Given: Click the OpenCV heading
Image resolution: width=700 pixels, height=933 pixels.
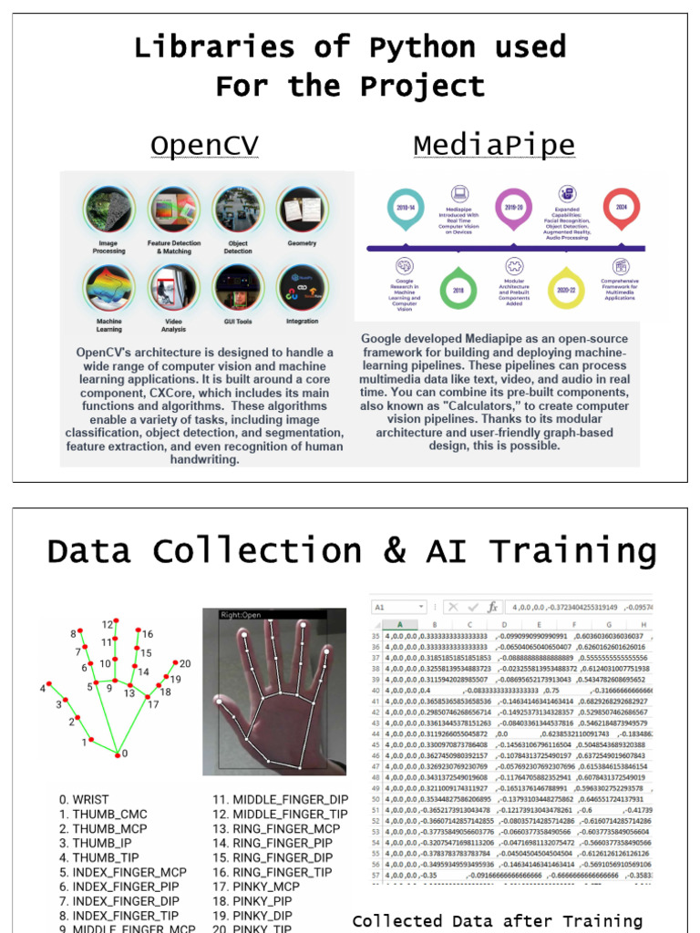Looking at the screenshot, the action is coord(203,146).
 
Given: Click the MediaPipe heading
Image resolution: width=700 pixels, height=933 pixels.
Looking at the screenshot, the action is coord(493,146).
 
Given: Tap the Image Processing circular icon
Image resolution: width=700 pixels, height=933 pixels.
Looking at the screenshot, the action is coord(110,210).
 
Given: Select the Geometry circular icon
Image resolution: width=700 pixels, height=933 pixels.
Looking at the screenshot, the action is coord(302,210).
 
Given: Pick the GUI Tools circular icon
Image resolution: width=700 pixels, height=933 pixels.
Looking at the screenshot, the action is coord(239,288).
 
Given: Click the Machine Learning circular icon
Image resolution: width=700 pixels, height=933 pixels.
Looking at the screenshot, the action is coord(110,288).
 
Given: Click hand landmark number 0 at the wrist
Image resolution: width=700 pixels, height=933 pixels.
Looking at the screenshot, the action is coord(118,754).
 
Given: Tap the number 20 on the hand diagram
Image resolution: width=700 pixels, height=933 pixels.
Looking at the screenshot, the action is coord(185,663).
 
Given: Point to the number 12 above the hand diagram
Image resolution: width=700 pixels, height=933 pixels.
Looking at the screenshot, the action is coord(108,624).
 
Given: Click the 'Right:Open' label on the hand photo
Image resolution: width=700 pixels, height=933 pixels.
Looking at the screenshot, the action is coord(240,614).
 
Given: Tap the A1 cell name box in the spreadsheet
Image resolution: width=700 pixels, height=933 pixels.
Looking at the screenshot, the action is coord(392,606).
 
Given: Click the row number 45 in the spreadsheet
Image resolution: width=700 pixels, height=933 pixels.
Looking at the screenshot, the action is coord(375,744).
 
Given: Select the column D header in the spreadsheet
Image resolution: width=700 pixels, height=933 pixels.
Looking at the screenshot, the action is coord(502,624).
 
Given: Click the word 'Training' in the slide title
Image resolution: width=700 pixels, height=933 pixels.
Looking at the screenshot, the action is coord(573,551).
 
